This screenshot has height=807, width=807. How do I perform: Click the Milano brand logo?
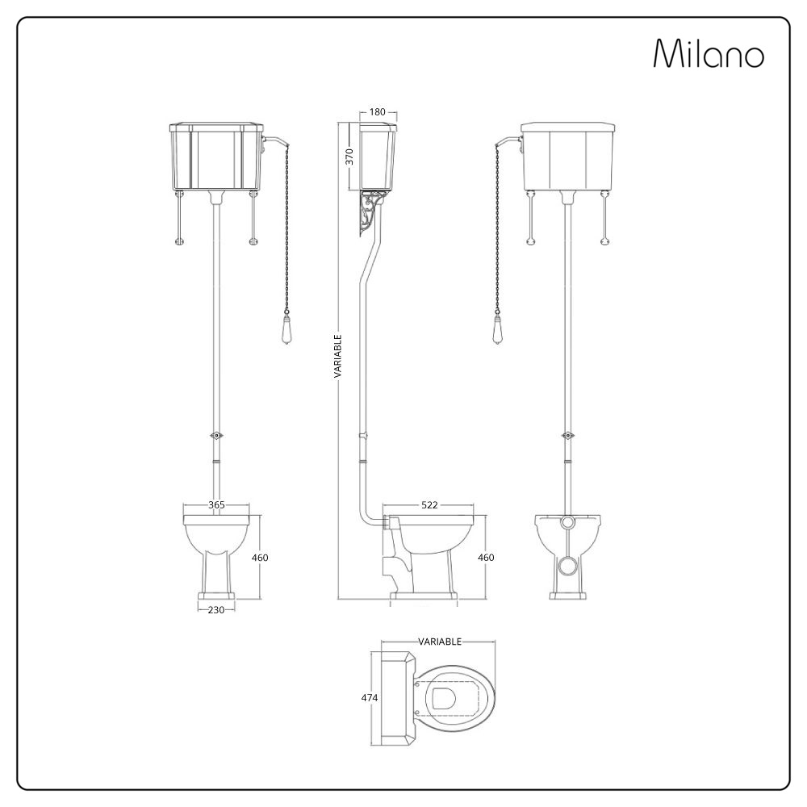click(708, 54)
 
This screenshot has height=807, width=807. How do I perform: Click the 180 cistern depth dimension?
click(377, 112)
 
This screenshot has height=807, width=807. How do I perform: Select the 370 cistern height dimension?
click(349, 156)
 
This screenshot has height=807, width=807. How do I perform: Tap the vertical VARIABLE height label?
click(339, 356)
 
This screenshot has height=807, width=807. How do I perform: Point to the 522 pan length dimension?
click(429, 505)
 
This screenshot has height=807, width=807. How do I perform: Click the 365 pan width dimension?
click(216, 505)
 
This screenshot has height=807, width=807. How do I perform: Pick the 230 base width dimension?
click(216, 610)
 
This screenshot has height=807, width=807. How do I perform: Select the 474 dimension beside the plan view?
click(370, 697)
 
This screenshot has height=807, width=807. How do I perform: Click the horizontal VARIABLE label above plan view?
click(440, 642)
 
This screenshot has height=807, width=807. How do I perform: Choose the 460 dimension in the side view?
click(486, 558)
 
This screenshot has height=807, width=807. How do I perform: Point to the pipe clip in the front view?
click(215, 435)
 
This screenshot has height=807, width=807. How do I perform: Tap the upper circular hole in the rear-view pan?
click(570, 522)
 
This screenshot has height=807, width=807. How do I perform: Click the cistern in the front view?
click(215, 157)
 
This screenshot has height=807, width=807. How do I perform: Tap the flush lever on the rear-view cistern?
click(509, 142)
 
